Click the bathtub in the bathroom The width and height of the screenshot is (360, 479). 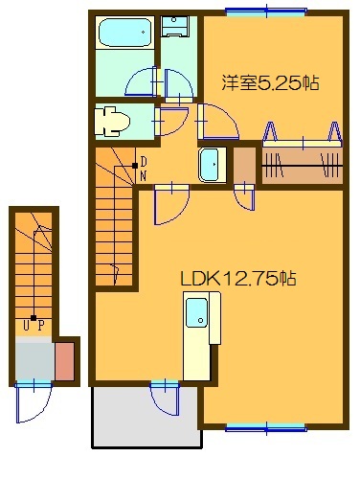(x=126, y=34)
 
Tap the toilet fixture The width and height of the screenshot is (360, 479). (x=112, y=121)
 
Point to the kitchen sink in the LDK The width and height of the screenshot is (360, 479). (x=196, y=312)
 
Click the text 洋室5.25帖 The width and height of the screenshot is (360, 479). (x=271, y=83)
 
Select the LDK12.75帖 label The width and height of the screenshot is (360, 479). (x=237, y=279)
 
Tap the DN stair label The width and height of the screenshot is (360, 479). (x=144, y=168)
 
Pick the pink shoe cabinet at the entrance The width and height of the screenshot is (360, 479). (x=65, y=360)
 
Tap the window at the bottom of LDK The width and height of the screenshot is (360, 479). (x=259, y=426)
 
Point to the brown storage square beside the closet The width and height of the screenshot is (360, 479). (x=245, y=165)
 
